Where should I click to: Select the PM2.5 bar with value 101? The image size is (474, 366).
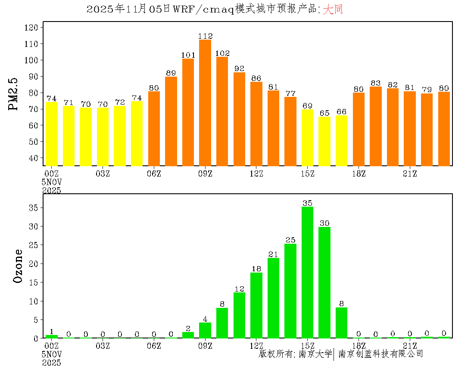[x=188, y=112]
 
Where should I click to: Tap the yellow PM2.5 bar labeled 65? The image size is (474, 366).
[x=324, y=141]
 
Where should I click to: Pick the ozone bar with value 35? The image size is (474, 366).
[x=307, y=272]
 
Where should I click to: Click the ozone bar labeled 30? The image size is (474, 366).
[x=324, y=282]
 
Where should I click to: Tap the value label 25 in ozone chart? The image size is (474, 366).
[x=290, y=240]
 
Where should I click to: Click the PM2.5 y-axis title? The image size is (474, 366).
[x=15, y=94]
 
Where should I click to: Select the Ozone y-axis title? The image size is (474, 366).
[x=18, y=266]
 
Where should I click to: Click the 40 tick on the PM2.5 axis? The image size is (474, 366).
[x=34, y=158]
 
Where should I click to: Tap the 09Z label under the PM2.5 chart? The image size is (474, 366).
[x=205, y=174]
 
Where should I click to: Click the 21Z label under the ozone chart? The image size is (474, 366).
[x=410, y=345]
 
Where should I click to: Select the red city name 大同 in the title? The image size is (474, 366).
[x=333, y=9]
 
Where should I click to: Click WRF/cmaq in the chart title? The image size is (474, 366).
[x=203, y=9]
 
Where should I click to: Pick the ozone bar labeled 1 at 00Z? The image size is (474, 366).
[x=51, y=336]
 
